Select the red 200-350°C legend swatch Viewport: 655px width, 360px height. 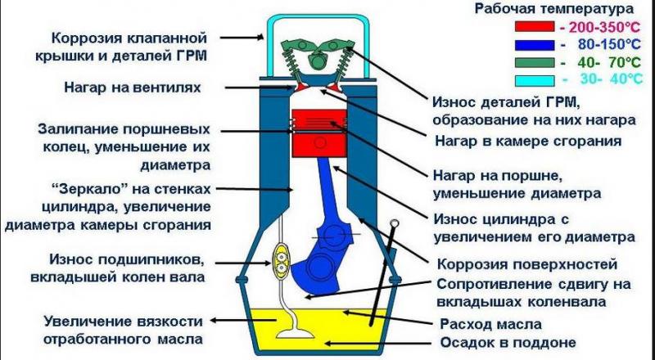(535, 26)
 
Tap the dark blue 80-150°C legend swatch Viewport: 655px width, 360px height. (535, 43)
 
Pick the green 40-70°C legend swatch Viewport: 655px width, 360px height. (535, 61)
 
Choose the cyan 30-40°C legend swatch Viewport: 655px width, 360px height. (535, 79)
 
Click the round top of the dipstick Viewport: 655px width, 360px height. (396, 223)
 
